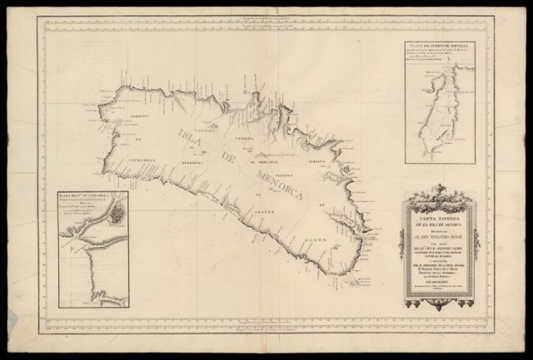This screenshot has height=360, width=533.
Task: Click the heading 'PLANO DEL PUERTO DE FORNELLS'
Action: point(441,48)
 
